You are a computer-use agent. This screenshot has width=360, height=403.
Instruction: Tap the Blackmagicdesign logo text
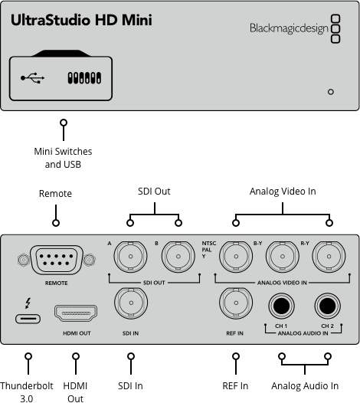(287, 28)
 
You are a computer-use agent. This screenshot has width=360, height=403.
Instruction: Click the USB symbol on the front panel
(33, 78)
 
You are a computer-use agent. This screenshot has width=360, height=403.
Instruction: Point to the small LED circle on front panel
(330, 91)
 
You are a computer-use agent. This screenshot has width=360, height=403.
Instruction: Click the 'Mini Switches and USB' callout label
(64, 157)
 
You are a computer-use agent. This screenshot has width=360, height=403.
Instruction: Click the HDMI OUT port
(76, 314)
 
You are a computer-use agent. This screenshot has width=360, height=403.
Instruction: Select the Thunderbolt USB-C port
(28, 318)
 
